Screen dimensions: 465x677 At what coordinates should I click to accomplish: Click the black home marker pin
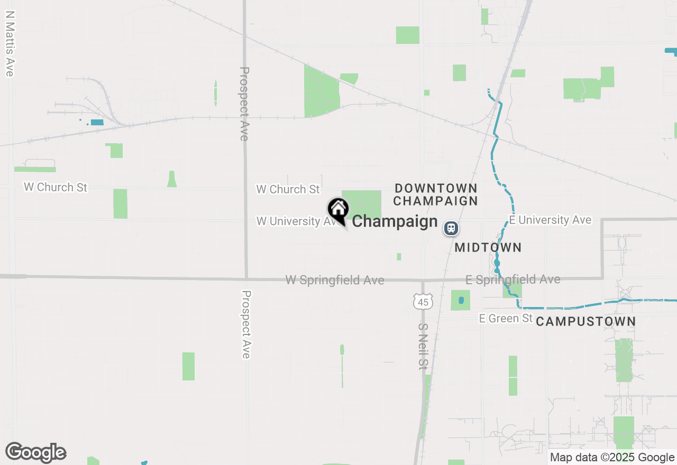pos(338,210)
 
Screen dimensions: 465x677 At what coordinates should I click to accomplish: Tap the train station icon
pos(451,228)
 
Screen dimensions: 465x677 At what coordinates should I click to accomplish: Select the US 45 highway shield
pos(423,302)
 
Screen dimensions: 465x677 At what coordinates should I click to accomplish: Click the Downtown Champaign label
pos(436,194)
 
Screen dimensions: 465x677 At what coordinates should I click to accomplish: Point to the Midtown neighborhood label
pos(488,247)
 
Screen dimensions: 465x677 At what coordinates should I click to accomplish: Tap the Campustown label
pos(585,321)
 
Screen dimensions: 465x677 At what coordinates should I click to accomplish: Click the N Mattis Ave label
pos(9,45)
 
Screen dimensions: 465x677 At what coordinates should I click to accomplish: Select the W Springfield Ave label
pos(335,280)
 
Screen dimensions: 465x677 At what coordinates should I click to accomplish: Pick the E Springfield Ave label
pos(513,280)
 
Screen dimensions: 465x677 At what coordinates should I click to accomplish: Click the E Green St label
pos(506,318)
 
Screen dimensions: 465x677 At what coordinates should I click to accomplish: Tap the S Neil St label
pos(422,346)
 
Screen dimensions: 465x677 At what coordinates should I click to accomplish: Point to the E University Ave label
pos(550,220)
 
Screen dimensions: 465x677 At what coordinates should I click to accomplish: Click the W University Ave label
pos(296,221)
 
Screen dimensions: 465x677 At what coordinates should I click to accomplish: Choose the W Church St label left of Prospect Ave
pos(56,187)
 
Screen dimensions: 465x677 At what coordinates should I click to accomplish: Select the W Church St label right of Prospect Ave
pos(288,189)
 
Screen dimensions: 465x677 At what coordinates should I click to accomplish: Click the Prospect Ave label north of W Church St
pos(244,104)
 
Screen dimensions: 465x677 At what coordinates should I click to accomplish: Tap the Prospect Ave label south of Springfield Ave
pos(246,324)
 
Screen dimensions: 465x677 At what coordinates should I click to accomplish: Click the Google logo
pos(36,453)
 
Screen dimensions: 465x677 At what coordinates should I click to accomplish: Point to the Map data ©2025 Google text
pos(612,458)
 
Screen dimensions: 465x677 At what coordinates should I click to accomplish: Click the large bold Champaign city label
pos(395,221)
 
